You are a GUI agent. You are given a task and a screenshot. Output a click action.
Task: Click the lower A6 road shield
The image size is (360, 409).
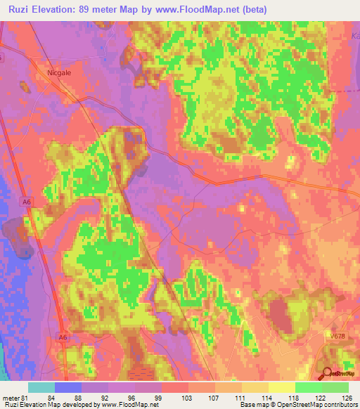coord(63,338)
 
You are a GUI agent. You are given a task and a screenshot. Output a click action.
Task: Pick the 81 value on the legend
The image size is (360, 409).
coord(29,397)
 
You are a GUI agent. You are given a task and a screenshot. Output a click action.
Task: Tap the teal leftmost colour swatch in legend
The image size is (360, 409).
coord(41,387)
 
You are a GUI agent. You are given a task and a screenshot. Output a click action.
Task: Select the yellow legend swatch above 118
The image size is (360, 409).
coord(282,387)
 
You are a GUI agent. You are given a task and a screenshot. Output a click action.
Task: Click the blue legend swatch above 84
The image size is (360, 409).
coord(68,387)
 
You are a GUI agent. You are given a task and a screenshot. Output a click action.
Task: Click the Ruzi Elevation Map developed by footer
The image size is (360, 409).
coord(56,405)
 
